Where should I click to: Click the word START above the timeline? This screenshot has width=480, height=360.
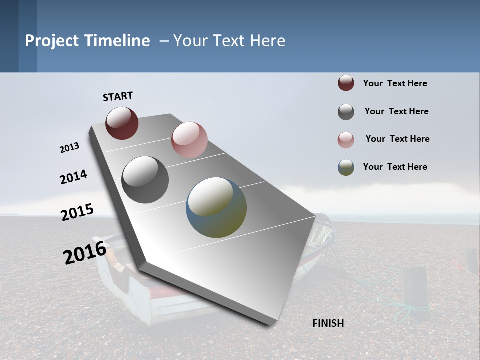point(118,96)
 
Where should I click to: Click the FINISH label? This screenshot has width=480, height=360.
point(328,323)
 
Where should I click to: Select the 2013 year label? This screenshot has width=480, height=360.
point(69,148)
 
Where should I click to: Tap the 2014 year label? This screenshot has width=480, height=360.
point(73,177)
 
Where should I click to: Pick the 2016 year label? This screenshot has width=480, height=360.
point(85,253)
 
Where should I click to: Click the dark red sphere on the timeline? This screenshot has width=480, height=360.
point(122,123)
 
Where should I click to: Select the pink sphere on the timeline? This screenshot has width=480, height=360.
point(189,140)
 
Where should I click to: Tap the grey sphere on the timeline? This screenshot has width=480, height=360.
point(145,180)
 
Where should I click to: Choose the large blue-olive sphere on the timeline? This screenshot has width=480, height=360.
point(216,207)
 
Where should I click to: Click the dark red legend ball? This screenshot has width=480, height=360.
point(346,83)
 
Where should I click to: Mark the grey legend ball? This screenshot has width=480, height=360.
point(346,112)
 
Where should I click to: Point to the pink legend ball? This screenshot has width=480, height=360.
point(346,140)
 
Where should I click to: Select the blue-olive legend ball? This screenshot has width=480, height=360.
point(346,167)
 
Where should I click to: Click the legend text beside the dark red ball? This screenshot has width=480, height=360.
point(395,83)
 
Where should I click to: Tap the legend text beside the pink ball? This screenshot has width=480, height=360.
point(397,139)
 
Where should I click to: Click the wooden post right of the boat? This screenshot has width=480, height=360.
point(416,292)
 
